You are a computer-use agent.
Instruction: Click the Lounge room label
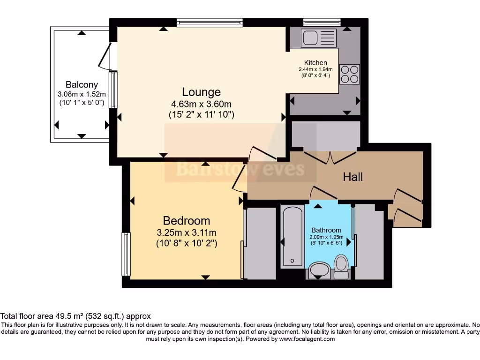coord(201,92)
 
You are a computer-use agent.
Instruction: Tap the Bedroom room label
coord(186,220)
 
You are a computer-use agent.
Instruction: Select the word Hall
coord(353,177)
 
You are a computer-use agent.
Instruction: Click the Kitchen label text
coord(315,63)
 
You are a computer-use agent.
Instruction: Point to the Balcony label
coord(82,85)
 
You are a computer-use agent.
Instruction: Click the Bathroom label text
coord(326,230)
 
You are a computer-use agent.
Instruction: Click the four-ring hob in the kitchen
coord(349,74)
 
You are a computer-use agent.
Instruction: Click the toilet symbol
coord(341,263)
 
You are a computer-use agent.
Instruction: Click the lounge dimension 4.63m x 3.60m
coord(201,104)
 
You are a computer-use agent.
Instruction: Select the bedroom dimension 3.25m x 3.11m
coord(186,232)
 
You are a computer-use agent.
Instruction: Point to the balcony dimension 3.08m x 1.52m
coord(82,94)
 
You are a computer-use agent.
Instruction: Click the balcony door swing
coord(106,56)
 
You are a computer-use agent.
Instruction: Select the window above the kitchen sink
coord(322,22)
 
